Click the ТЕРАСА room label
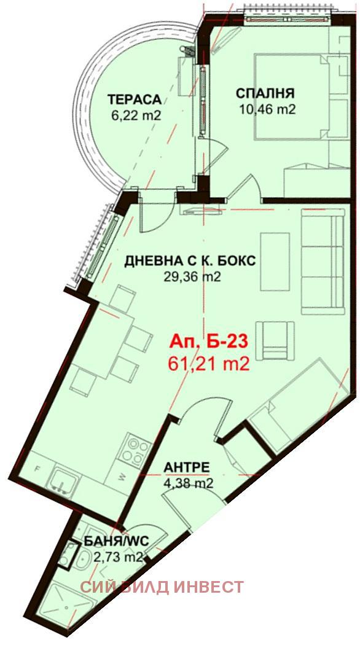134,100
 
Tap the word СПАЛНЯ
265,94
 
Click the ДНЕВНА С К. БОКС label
189,261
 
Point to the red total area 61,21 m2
208,364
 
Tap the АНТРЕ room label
187,467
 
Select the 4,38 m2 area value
187,483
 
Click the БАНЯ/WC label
111,543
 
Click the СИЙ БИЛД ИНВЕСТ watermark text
162,587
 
